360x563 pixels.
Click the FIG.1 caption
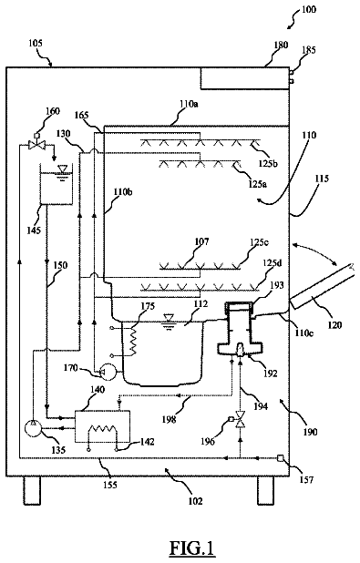point(192,548)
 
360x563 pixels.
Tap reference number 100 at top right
point(309,9)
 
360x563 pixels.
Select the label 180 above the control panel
point(280,45)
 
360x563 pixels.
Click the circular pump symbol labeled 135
point(33,428)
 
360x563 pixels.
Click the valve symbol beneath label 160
point(37,145)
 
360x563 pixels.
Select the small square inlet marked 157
point(280,458)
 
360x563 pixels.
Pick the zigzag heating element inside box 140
point(102,429)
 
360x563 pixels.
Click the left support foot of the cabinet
point(32,491)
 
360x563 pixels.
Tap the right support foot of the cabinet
point(265,491)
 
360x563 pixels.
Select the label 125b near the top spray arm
point(268,163)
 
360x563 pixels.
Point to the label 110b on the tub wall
point(123,192)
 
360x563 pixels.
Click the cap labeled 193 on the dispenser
point(239,306)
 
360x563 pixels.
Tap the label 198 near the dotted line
point(169,418)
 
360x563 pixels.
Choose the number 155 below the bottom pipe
point(110,485)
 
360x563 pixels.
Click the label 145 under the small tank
point(33,229)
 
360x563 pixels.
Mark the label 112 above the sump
point(201,304)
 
